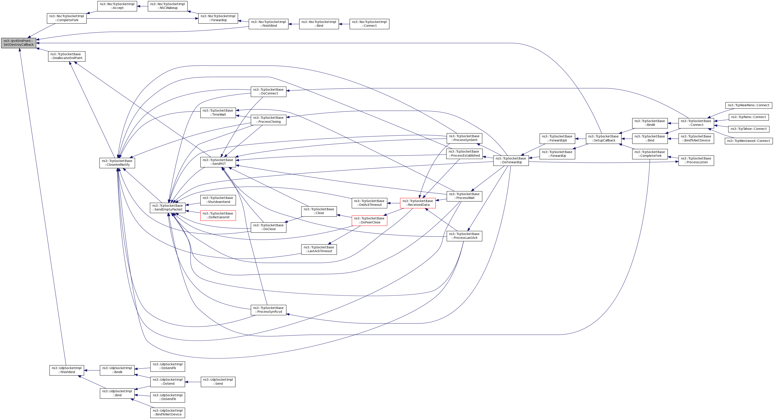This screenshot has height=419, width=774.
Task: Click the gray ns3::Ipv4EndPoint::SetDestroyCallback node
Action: click(x=19, y=43)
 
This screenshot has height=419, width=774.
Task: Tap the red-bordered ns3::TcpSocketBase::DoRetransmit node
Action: click(x=218, y=215)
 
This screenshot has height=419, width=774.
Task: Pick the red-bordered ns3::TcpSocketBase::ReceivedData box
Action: click(x=417, y=203)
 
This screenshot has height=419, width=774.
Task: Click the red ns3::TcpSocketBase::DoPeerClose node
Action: click(x=369, y=220)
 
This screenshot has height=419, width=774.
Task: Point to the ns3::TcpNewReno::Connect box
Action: click(x=748, y=105)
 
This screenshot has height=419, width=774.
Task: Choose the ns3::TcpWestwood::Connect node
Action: click(x=748, y=141)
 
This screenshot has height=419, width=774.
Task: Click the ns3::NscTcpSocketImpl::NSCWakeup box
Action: click(x=167, y=6)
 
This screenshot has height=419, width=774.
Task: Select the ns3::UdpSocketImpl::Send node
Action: click(x=218, y=382)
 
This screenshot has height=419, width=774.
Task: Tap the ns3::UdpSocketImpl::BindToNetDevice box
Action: click(x=167, y=412)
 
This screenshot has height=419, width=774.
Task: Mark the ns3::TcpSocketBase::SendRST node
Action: click(x=218, y=162)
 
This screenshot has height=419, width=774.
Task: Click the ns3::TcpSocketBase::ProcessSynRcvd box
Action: click(x=268, y=310)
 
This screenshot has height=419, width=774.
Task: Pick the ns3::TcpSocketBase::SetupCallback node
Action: click(x=603, y=138)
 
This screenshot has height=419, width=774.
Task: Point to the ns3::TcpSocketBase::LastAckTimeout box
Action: click(x=319, y=249)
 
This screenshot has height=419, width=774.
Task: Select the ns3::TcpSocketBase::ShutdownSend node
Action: click(x=218, y=200)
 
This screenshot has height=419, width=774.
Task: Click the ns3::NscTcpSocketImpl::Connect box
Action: click(x=369, y=24)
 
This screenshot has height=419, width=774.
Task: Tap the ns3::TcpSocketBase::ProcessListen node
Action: click(x=696, y=161)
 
